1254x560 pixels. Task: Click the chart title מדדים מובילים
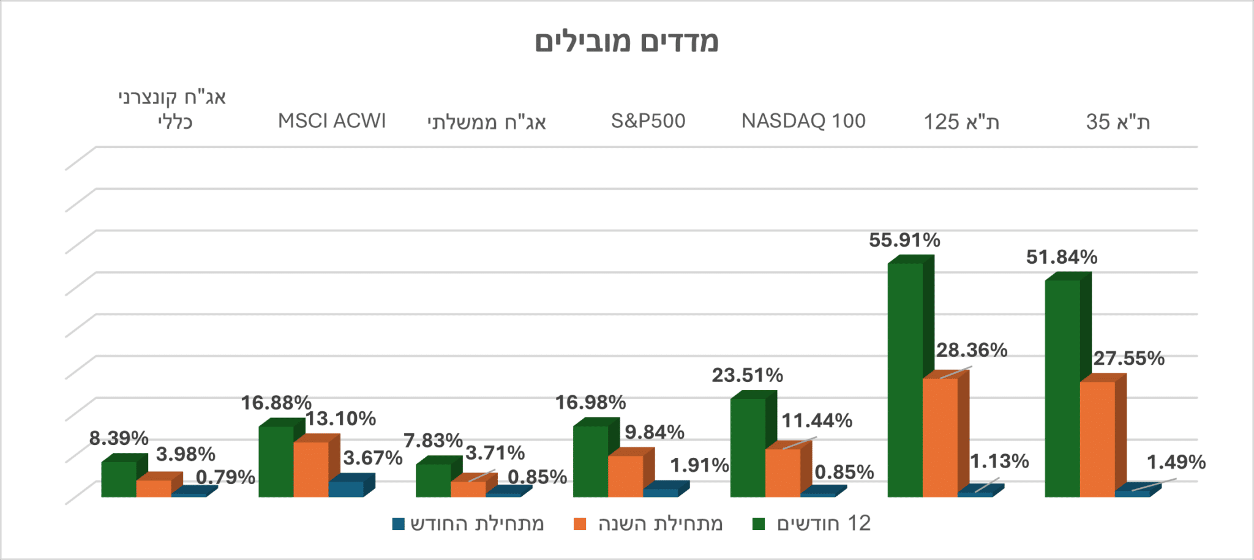[x=626, y=42]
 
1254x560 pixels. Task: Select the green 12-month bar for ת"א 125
[x=905, y=379]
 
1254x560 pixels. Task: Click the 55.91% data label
[x=904, y=240]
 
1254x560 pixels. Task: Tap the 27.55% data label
[x=1129, y=358]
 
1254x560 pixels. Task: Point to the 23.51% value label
[x=747, y=375]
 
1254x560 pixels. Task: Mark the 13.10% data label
[x=340, y=419]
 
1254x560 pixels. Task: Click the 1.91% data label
[x=699, y=465]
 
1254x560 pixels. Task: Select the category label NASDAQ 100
[x=803, y=121]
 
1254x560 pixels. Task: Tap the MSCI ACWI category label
[x=332, y=121]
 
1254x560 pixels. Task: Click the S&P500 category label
[x=648, y=121]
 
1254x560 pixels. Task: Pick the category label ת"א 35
[x=1118, y=122]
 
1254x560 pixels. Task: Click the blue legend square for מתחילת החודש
[x=399, y=524]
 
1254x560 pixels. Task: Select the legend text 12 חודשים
[x=824, y=523]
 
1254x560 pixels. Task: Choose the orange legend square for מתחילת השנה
[x=580, y=524]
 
